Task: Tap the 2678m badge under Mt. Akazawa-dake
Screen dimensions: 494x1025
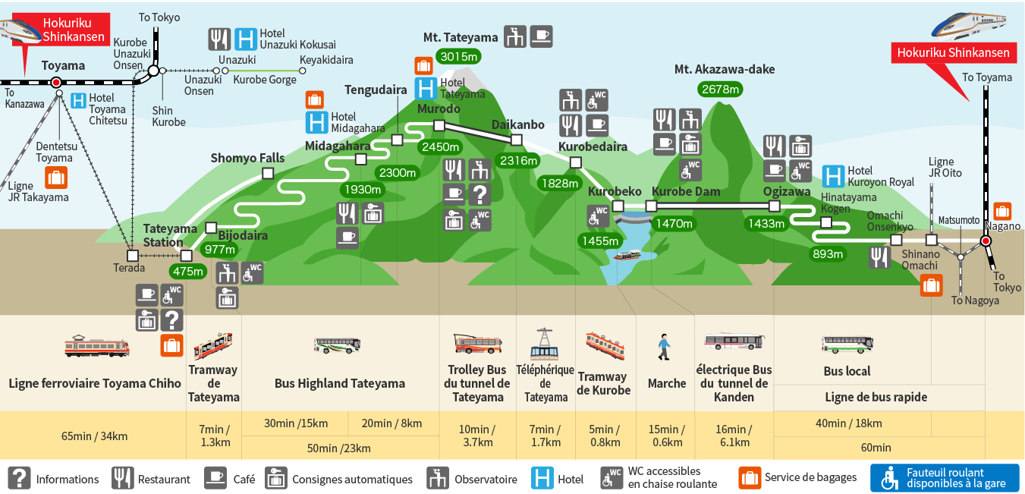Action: point(720,89)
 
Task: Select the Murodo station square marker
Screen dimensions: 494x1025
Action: point(438,125)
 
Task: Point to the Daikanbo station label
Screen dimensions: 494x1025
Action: point(517,124)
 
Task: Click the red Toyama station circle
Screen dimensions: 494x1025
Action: point(56,82)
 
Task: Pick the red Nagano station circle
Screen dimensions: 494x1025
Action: point(986,241)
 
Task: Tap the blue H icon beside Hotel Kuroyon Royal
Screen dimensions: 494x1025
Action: point(834,177)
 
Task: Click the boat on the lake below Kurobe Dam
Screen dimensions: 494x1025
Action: point(627,255)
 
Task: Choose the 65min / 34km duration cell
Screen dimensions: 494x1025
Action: point(93,436)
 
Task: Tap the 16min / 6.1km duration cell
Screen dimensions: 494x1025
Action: point(734,436)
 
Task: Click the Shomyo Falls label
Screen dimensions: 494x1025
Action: point(247,158)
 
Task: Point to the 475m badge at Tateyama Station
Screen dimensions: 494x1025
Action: point(189,271)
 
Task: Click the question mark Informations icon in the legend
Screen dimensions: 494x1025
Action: point(19,478)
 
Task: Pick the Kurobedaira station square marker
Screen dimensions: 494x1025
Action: point(575,162)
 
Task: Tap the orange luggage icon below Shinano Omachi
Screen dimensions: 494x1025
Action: point(931,285)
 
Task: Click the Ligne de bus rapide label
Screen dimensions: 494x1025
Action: point(876,397)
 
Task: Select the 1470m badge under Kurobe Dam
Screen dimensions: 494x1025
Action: point(674,223)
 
